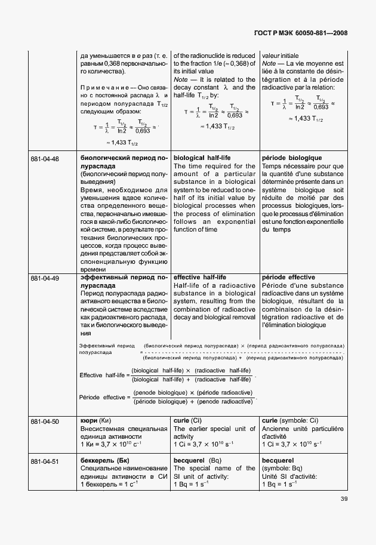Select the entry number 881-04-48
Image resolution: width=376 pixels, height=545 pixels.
point(44,158)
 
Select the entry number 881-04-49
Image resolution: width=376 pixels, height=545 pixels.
point(44,278)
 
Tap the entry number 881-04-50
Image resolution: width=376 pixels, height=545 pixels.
point(44,421)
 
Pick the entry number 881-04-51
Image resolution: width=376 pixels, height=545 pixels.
point(44,460)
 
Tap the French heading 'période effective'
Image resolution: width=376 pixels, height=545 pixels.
point(288,278)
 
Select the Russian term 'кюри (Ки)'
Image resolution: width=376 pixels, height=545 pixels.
point(95,421)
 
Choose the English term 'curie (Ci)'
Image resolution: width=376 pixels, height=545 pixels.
point(189,421)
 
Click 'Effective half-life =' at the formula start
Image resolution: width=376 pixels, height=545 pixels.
point(103,375)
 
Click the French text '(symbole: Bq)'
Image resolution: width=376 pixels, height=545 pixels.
point(282,468)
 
